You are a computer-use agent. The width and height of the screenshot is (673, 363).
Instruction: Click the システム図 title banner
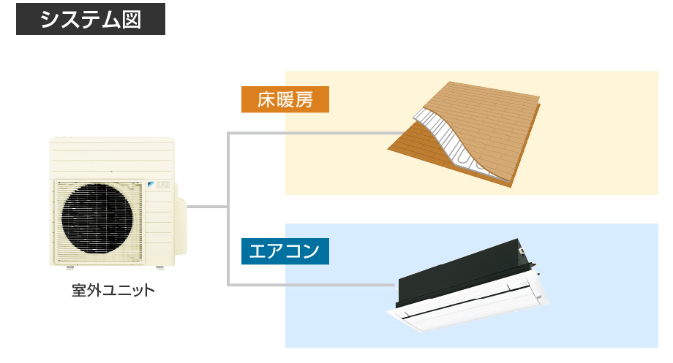click(91, 19)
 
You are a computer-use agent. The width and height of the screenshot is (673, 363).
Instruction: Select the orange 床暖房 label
click(285, 99)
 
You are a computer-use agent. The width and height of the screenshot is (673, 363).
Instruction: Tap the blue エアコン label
click(285, 251)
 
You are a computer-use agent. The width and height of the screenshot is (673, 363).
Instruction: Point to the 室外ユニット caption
click(113, 291)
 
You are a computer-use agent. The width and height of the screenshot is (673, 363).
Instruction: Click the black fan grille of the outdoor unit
click(97, 218)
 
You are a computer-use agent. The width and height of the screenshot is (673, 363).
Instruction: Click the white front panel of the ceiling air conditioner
click(468, 307)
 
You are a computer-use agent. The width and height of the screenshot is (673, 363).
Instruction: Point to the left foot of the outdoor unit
click(69, 268)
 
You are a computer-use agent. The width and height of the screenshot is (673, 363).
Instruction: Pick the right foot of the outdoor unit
click(160, 268)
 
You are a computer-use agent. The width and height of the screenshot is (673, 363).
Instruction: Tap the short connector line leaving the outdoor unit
click(207, 207)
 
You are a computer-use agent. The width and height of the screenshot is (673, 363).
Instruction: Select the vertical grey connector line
click(228, 209)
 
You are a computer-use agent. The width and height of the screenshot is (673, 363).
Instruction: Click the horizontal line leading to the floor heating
click(315, 134)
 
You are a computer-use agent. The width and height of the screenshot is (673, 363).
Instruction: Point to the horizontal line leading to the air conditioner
click(311, 285)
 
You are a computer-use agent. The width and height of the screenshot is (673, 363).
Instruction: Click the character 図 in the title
click(132, 20)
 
